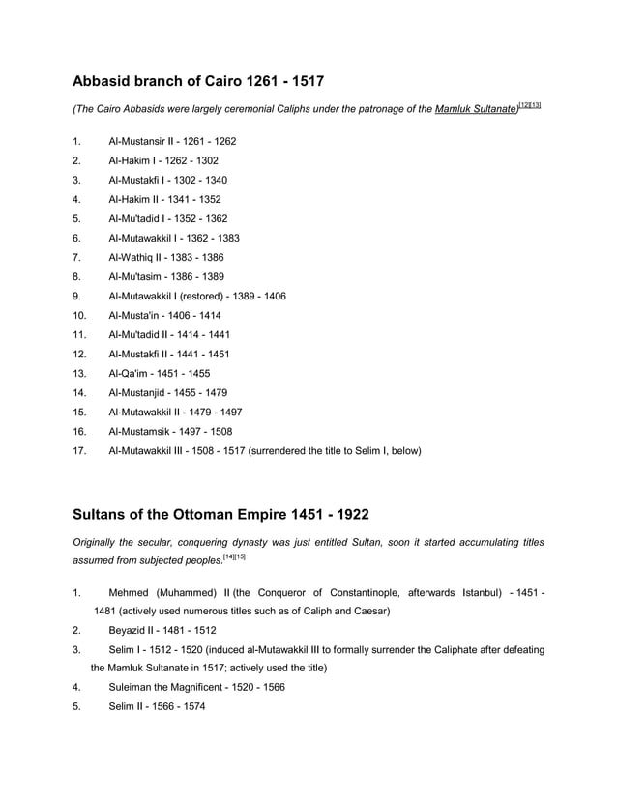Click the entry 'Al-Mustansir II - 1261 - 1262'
point(172,141)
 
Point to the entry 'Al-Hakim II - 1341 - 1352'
point(166,199)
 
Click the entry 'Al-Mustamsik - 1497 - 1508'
point(170,431)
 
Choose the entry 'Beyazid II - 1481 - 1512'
point(163,630)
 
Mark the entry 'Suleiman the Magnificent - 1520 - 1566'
point(196,688)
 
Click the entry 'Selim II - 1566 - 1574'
point(157,707)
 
